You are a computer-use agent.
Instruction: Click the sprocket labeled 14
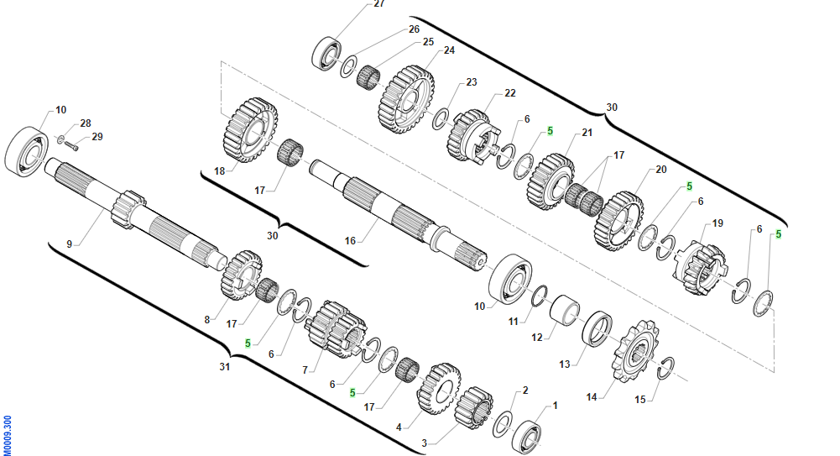pos(634,352)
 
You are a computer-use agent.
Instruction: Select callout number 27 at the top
pos(379,3)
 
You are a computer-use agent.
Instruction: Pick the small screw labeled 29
pos(71,144)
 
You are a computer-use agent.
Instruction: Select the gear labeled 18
pos(250,131)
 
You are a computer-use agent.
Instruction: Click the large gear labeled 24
pos(406,100)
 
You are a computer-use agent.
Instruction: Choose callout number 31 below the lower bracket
pos(224,367)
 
